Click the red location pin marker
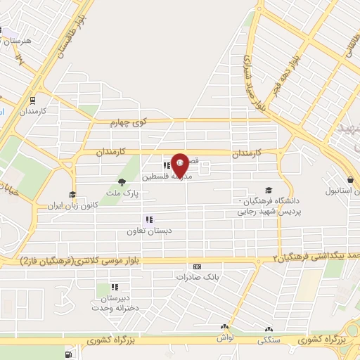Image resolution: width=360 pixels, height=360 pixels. [x=181, y=165]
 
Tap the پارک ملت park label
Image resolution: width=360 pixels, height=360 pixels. [x=127, y=192]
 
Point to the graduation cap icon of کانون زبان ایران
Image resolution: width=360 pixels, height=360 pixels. [x=71, y=195]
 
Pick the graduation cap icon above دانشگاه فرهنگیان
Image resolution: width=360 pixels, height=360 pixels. [x=267, y=191]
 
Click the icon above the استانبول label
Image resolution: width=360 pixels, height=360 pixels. [x=349, y=179]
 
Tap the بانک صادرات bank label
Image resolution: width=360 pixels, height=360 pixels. [x=193, y=277]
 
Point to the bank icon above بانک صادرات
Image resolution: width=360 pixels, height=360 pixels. [x=196, y=266]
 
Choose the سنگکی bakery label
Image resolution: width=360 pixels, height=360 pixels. [x=269, y=339]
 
